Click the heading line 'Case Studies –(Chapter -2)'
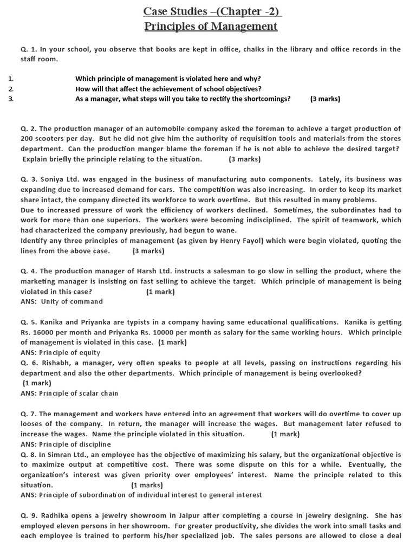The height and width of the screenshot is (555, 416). pos(212,11)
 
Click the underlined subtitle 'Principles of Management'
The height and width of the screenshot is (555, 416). pos(211,26)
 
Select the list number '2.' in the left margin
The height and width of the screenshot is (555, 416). pos(11,89)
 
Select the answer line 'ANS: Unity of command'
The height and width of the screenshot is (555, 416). pos(62,301)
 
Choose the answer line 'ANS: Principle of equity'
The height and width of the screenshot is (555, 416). pos(61,352)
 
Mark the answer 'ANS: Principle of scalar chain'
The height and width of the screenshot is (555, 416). pos(69,393)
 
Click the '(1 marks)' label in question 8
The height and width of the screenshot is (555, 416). pos(147,485)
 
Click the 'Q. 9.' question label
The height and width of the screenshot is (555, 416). pos(28,515)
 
